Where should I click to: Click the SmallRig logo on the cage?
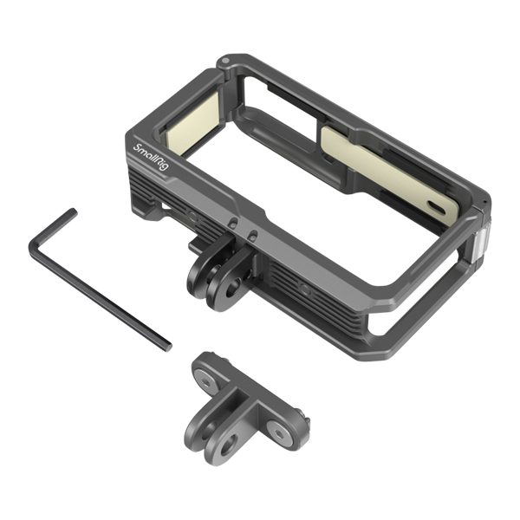150,157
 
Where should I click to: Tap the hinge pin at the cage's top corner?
224,61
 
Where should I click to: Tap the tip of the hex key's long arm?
168,347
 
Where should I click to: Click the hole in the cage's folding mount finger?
235,287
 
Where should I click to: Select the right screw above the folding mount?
253,235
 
